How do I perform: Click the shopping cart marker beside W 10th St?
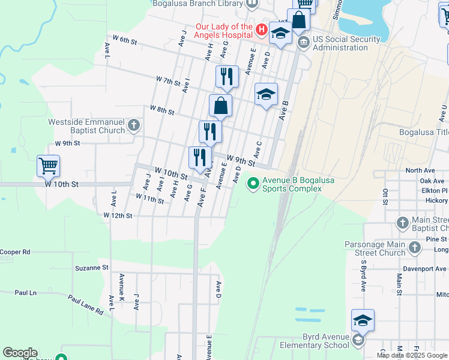click(x=48, y=165)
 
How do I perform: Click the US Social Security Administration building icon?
click(x=304, y=42)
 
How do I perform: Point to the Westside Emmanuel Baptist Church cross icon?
click(x=133, y=125)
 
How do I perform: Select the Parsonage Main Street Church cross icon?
click(x=414, y=247)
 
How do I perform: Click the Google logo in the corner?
click(x=19, y=353)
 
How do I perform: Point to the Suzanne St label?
click(x=91, y=268)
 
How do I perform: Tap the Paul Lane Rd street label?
click(x=85, y=305)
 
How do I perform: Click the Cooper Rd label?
click(x=15, y=252)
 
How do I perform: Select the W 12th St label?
click(x=117, y=215)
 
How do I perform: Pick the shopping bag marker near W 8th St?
click(x=220, y=106)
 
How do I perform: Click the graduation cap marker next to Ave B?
click(x=266, y=94)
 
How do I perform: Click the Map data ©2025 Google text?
click(x=412, y=355)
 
